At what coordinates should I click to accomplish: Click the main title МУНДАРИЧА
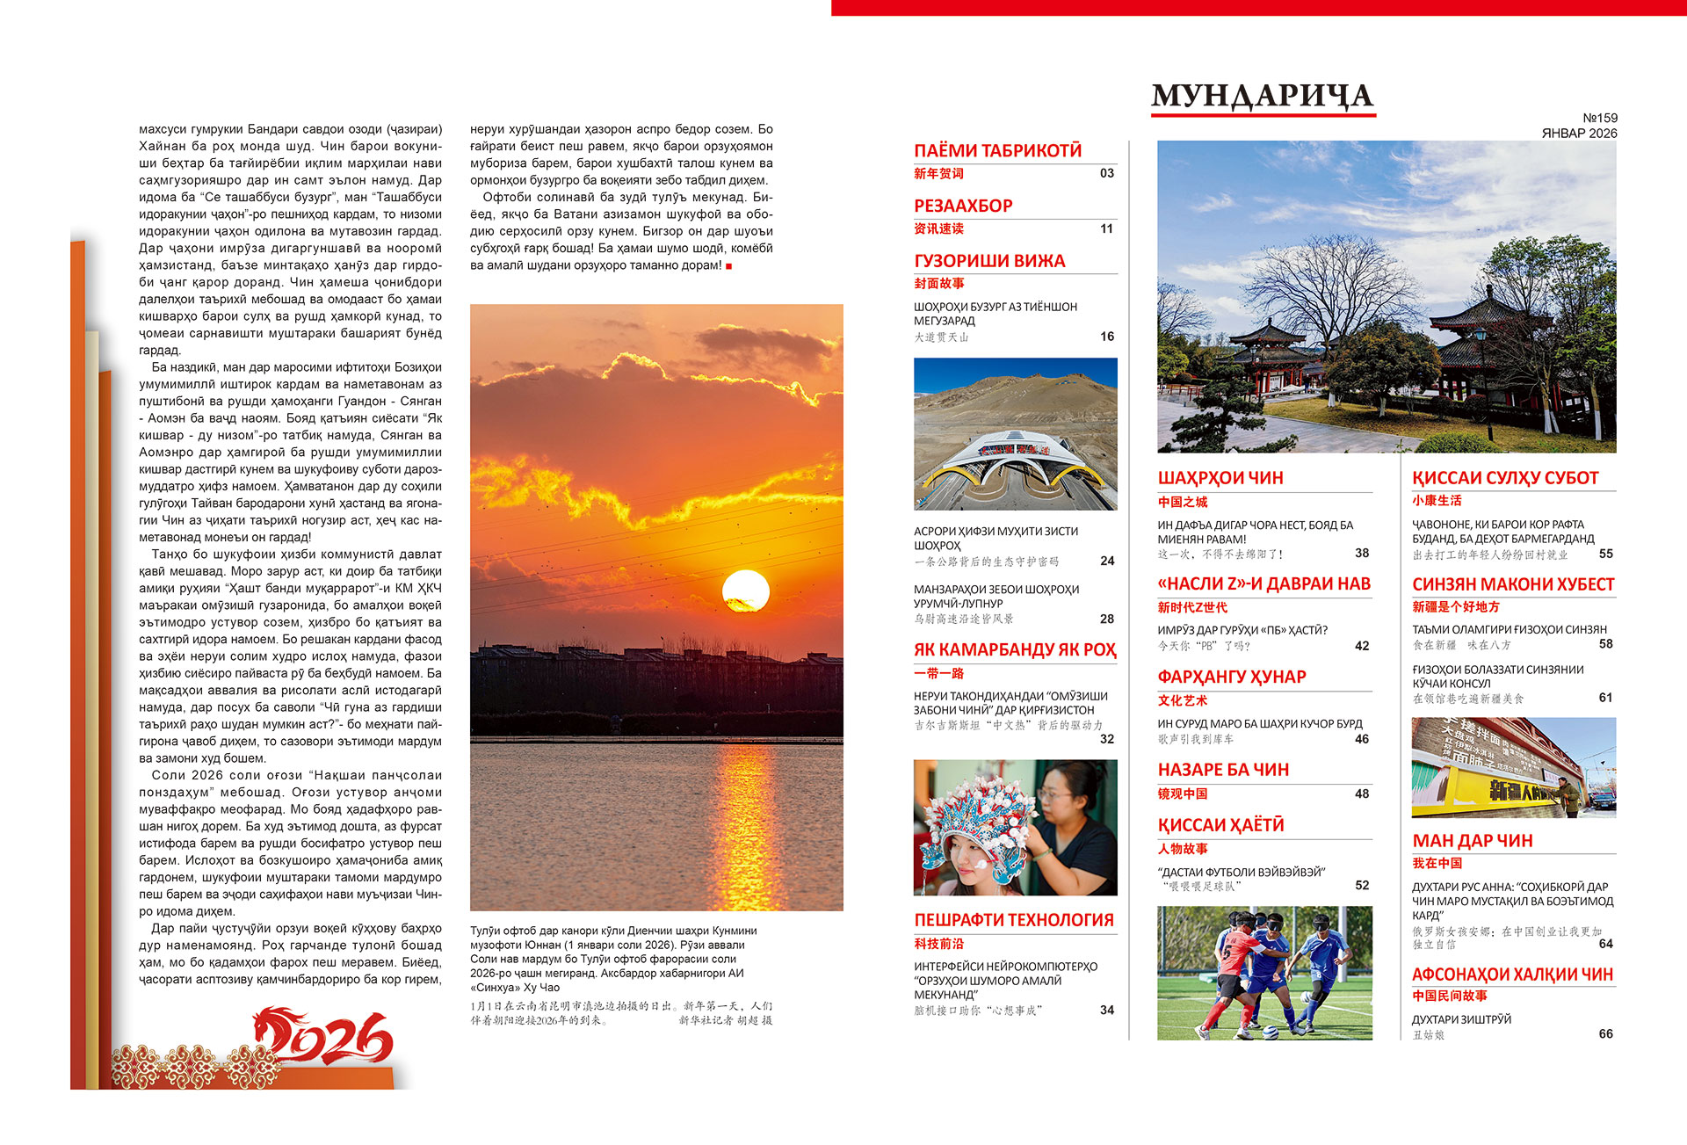point(1263,96)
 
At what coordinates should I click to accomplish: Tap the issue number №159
point(1599,118)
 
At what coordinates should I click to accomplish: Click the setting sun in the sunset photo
point(745,591)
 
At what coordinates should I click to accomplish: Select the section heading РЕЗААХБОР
point(963,206)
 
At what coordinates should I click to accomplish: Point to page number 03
point(1107,173)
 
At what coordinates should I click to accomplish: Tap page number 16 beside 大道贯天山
point(1107,337)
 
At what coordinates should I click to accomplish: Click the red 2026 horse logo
point(325,1037)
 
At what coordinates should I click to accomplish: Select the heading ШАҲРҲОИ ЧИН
point(1220,478)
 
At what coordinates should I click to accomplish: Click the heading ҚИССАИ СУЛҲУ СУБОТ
point(1505,478)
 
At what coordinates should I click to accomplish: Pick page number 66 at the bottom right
point(1605,1033)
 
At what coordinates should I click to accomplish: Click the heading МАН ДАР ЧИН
point(1473,841)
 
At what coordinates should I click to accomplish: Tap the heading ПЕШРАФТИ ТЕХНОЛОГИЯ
point(1014,920)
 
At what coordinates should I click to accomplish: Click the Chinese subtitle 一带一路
point(938,673)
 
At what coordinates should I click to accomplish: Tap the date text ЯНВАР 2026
point(1579,134)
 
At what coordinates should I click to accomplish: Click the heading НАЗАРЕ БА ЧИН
point(1223,770)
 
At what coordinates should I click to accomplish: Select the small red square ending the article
point(728,266)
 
